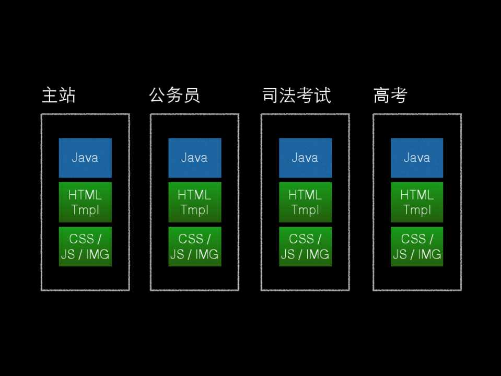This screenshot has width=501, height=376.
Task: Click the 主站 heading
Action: [59, 96]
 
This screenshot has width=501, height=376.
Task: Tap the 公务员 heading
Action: [174, 96]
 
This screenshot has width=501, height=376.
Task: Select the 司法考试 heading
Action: [296, 96]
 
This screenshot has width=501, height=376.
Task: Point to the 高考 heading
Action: [390, 96]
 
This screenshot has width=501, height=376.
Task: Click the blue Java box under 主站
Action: [85, 158]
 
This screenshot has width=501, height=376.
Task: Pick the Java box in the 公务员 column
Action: [194, 158]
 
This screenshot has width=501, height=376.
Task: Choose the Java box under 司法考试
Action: [305, 158]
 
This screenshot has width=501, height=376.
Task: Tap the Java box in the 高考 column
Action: [417, 158]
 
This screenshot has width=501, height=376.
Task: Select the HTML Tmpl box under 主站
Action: [85, 202]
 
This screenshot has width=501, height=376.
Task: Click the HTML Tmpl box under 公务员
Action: [194, 202]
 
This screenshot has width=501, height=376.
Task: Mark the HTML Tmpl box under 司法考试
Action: [305, 202]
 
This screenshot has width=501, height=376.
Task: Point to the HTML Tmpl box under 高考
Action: [417, 202]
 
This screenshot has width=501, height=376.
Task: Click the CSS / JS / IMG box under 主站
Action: [85, 246]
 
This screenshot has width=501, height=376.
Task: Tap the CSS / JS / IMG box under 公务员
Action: [194, 246]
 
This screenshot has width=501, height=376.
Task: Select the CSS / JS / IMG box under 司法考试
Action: [305, 246]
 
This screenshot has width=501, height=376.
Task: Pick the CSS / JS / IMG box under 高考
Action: [417, 246]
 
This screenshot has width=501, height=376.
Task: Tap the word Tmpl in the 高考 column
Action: [417, 210]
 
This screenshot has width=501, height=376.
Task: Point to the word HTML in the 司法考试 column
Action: [305, 195]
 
